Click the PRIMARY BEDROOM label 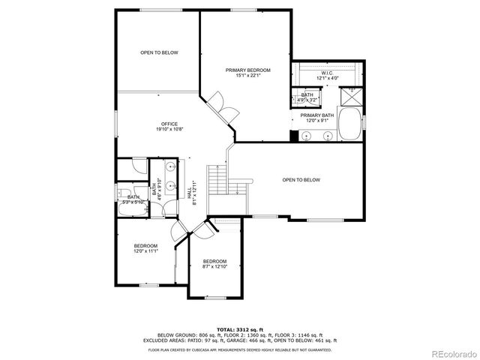[247, 70]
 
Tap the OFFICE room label [169, 124]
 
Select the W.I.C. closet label [328, 73]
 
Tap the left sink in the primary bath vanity [307, 136]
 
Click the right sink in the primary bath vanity [328, 136]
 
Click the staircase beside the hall [217, 180]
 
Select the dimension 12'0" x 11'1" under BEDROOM [145, 251]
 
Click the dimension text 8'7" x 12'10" [214, 266]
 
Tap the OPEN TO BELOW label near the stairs [301, 180]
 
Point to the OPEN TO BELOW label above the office [159, 52]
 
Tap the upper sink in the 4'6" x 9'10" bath [170, 168]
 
